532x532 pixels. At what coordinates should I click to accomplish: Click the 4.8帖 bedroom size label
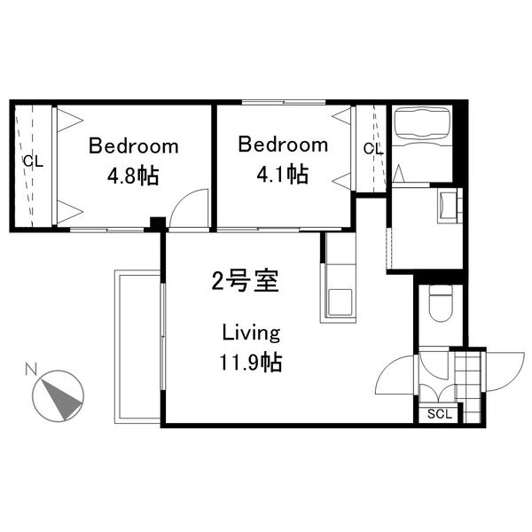click(x=133, y=176)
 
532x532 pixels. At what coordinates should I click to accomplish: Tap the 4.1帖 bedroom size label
click(x=282, y=175)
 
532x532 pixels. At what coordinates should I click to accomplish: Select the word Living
click(x=251, y=332)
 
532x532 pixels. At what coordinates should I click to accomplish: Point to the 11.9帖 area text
click(x=251, y=362)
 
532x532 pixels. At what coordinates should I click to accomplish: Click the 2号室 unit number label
click(x=245, y=280)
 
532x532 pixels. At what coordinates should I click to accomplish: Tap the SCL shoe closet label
click(x=440, y=414)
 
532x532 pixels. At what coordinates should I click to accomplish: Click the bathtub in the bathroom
click(x=422, y=123)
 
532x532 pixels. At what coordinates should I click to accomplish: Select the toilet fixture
click(x=441, y=303)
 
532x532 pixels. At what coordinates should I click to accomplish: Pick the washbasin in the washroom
click(x=447, y=206)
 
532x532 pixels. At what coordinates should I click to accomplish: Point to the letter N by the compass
click(x=31, y=369)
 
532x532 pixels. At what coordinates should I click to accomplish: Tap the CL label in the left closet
click(x=34, y=161)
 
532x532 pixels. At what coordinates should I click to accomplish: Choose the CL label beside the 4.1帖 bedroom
click(x=373, y=148)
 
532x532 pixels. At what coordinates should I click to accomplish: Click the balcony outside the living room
click(x=137, y=347)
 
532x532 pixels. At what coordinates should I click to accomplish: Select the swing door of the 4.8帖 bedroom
click(x=189, y=207)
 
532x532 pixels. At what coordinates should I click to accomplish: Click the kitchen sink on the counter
click(x=339, y=301)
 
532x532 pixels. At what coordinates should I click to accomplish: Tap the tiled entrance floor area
click(x=468, y=387)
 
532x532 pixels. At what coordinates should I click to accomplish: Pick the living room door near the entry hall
click(x=395, y=375)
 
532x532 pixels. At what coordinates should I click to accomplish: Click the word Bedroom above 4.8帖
click(x=133, y=146)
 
